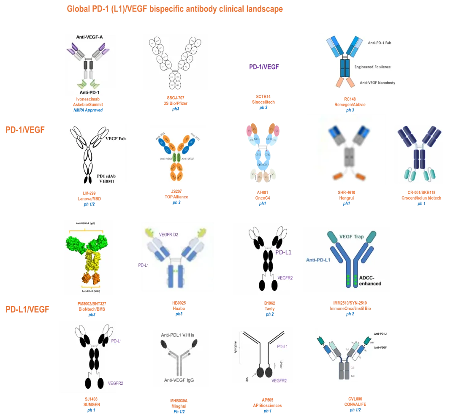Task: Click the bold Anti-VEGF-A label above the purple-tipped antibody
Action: [90, 37]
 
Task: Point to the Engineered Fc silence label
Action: [372, 67]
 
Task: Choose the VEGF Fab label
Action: [116, 138]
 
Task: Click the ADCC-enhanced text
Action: [370, 280]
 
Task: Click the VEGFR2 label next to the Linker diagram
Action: [279, 380]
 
